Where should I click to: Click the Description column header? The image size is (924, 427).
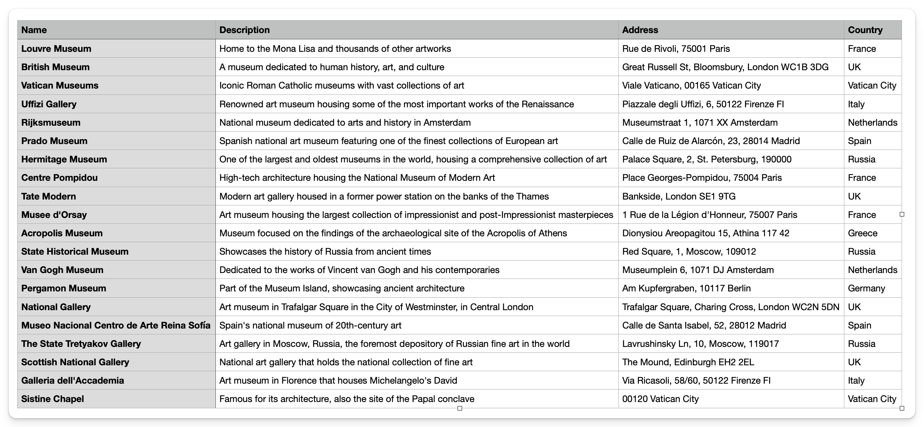(244, 30)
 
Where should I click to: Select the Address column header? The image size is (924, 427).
(640, 30)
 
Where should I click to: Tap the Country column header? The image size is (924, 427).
(865, 30)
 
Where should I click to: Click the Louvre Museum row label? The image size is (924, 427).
(56, 49)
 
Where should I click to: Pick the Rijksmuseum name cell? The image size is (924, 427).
(51, 122)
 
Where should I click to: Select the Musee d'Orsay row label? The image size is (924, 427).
(54, 215)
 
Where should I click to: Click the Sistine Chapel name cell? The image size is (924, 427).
(52, 399)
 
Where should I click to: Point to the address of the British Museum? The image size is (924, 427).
(725, 67)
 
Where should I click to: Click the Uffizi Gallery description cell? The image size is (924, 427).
(396, 104)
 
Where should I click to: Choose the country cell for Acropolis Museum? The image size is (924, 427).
(862, 233)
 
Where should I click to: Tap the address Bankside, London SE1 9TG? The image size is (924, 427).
(679, 196)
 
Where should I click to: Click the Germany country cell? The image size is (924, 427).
(866, 288)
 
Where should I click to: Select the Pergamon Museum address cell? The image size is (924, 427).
(686, 288)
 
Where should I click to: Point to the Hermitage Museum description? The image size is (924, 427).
(413, 159)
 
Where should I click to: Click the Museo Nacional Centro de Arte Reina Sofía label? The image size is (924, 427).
(116, 325)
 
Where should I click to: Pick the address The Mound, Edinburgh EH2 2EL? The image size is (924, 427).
(688, 362)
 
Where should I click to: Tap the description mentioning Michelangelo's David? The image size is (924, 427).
(338, 380)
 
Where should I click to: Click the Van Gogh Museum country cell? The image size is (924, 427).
(872, 270)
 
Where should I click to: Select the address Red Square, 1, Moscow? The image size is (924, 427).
(689, 251)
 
